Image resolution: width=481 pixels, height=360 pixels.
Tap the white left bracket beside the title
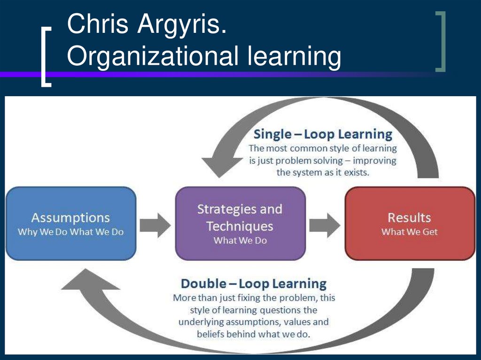point(46,57)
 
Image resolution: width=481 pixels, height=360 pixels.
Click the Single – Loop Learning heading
point(323,134)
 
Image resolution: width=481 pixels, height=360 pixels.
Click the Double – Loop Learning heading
point(254,283)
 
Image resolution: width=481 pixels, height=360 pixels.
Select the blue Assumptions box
point(71,223)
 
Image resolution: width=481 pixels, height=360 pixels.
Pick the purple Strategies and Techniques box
point(240,223)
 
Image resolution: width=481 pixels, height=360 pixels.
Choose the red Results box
point(410,223)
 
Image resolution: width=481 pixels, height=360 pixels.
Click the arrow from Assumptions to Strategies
point(155,224)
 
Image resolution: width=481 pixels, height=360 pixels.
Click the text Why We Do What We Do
point(70,232)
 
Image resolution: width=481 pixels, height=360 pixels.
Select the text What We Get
point(409,232)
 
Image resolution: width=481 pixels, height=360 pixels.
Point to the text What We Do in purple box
point(240,240)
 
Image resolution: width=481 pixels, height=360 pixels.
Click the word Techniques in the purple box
point(240,226)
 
